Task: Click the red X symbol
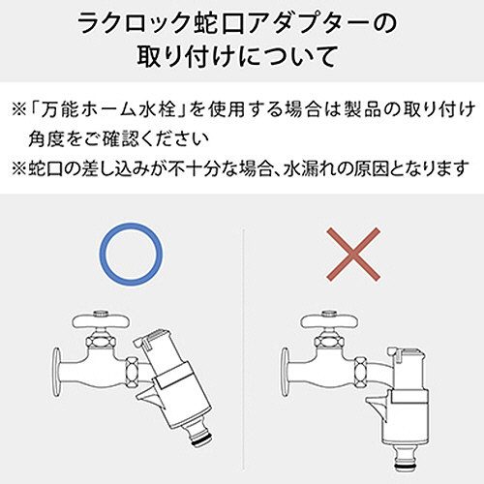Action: coord(353,254)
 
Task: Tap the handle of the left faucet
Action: coord(101,320)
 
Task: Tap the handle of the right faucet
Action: coord(329,320)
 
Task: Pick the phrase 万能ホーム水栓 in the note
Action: coord(106,109)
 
